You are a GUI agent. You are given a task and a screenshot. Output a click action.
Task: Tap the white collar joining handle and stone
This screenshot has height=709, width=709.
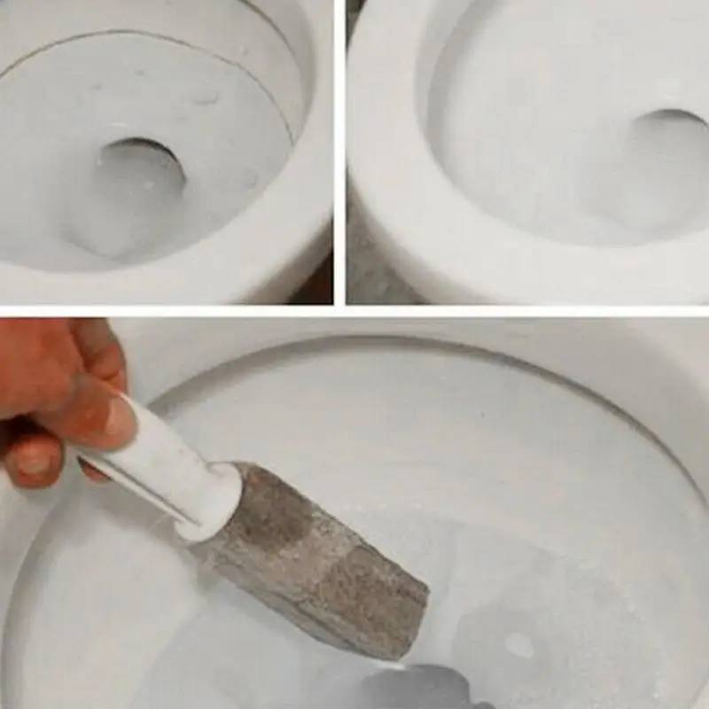point(213,501)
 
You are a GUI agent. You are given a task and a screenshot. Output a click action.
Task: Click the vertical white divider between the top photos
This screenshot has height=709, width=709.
point(339,151)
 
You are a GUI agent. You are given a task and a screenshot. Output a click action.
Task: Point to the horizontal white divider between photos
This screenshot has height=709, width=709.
point(354,310)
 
